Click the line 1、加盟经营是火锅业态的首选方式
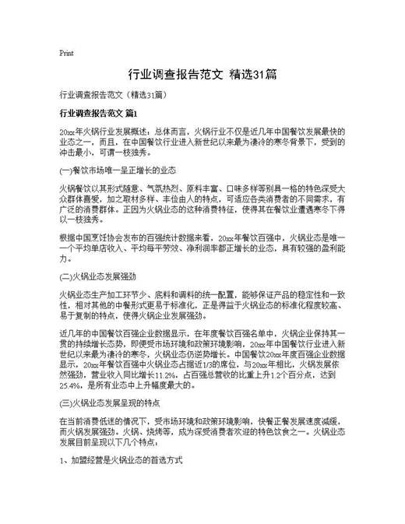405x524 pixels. click(121, 461)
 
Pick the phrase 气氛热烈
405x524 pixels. click(160, 188)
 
